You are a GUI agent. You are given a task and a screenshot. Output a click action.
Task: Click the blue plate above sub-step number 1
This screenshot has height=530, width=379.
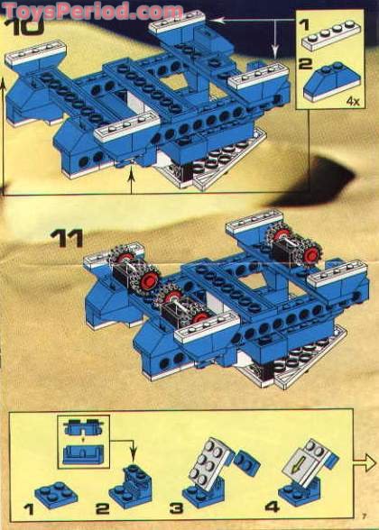click(53, 493)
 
